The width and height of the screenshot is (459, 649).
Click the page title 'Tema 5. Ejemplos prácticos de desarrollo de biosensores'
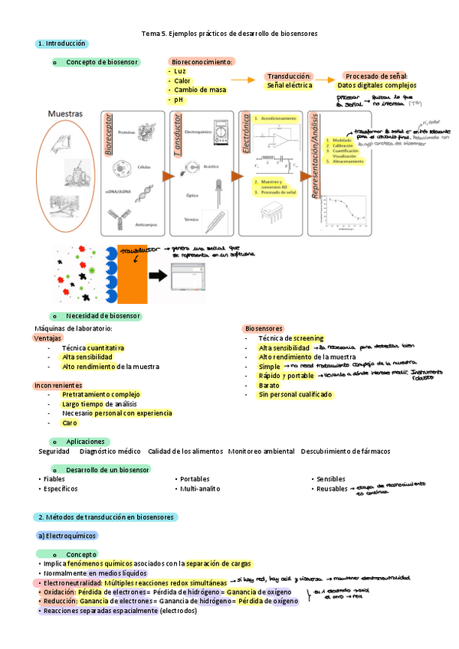pos(230,34)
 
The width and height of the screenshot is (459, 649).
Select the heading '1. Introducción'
pos(62,44)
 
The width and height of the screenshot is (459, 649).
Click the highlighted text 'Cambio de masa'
pos(200,90)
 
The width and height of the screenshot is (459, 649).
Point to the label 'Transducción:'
pos(289,77)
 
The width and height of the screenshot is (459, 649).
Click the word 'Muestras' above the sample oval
pos(65,113)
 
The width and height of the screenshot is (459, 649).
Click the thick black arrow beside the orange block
pos(159,275)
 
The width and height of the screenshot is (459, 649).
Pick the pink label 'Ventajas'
pos(48,338)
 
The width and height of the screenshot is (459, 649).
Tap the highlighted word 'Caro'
pos(70,422)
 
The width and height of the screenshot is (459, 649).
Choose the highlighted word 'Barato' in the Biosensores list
pos(269,385)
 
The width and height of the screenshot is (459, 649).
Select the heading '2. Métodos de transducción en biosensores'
pos(107,517)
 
